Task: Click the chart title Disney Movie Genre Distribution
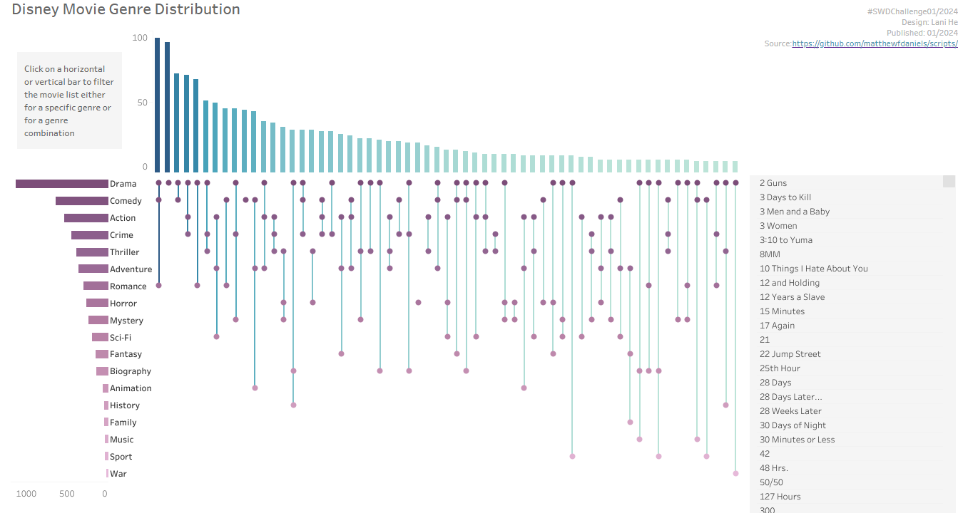pos(126,10)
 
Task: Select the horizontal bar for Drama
pos(61,184)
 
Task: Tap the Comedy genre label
pos(126,201)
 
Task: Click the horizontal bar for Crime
pos(89,235)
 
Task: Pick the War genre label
pos(118,474)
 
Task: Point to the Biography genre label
pos(131,371)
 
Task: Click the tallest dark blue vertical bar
pos(158,105)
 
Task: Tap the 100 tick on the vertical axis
pos(140,38)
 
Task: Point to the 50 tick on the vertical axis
pos(143,103)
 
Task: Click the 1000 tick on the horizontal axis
pos(26,494)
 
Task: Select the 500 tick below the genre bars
pos(67,494)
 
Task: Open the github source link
pos(875,44)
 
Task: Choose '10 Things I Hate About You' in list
pos(813,269)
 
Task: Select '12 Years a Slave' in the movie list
pos(792,297)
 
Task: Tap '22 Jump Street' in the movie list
pos(790,354)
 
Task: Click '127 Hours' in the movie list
pos(780,497)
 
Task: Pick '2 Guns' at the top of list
pos(773,183)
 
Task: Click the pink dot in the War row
pos(735,473)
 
